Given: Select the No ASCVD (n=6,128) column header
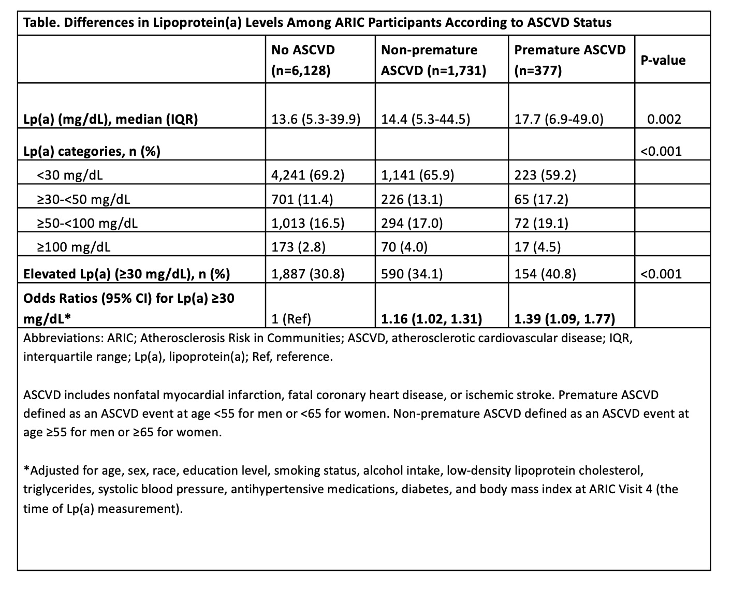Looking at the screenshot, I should [x=303, y=60].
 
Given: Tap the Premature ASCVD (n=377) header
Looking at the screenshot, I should [x=569, y=60].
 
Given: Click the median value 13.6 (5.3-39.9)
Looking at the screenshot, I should [x=316, y=120].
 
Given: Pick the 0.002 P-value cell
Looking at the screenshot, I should [x=664, y=120].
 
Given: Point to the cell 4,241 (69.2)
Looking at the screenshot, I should [x=308, y=175].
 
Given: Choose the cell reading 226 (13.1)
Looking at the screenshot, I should [x=412, y=199].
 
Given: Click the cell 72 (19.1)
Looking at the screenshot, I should [x=541, y=223].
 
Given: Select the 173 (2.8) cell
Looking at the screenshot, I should [x=298, y=247].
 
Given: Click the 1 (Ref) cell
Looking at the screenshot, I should [x=291, y=319].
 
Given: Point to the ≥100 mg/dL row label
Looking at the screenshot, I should [x=73, y=247].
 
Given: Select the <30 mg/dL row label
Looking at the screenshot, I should [x=69, y=175].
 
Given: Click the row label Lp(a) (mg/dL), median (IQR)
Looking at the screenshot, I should [x=111, y=120].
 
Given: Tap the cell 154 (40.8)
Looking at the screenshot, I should [x=545, y=273].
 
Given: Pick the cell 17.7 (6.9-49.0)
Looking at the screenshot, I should [x=559, y=120].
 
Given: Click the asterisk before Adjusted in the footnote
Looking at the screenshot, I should [x=26, y=470].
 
